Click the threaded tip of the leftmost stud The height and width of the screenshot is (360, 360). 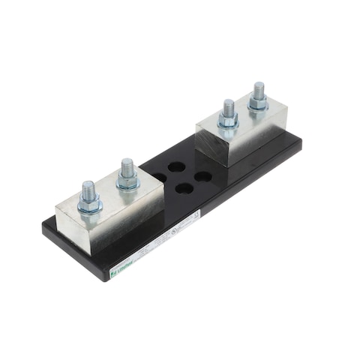coord(87,185)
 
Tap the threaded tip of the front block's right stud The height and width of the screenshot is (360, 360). coord(127,163)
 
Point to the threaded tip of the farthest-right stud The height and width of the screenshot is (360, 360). coord(259,87)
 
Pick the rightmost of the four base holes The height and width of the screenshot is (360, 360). coord(202,178)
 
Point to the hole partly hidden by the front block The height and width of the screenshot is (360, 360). coord(160,178)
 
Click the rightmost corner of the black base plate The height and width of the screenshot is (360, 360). coord(302,144)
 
